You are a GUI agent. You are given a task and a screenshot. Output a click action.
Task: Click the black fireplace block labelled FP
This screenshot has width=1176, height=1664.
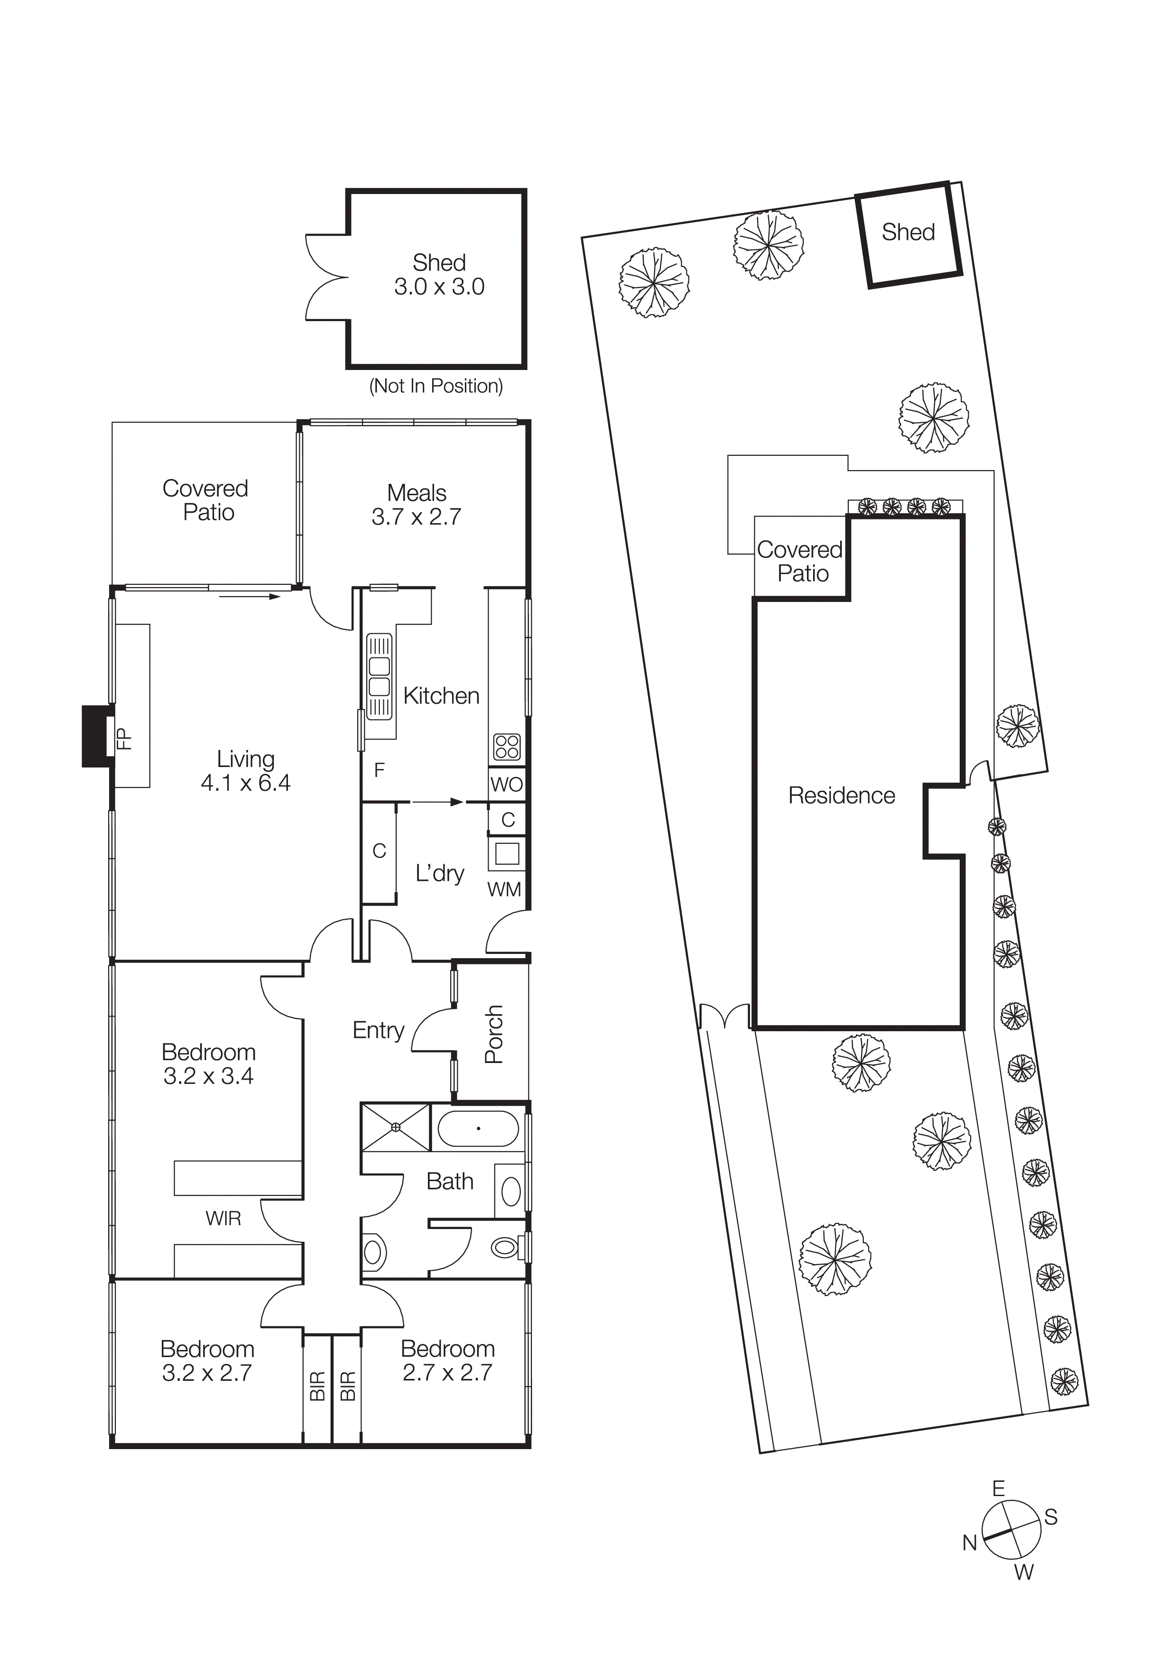pos(95,736)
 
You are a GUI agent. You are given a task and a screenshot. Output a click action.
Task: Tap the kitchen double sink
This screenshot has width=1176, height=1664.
pos(379,676)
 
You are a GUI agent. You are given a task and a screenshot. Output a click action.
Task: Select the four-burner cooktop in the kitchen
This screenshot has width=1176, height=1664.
pos(507,747)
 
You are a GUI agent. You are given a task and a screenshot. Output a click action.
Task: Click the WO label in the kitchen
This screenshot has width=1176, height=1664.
pos(507,784)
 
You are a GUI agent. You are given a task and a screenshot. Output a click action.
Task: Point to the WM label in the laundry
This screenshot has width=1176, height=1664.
pos(504,889)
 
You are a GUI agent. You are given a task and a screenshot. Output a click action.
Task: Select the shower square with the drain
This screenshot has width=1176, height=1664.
pos(396,1127)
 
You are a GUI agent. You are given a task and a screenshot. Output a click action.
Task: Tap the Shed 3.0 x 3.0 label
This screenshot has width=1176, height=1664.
pos(439,275)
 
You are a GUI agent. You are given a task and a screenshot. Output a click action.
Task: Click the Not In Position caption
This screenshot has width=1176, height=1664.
pos(436,386)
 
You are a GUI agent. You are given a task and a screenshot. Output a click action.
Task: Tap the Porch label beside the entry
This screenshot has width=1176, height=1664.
pos(494,1034)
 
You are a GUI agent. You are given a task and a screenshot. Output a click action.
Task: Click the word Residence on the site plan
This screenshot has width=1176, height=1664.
pos(841,796)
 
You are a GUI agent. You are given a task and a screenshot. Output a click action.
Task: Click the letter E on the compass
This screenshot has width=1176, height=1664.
pos(999,1488)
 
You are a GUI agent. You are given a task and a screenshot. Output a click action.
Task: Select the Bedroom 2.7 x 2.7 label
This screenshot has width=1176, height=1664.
pos(448,1360)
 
